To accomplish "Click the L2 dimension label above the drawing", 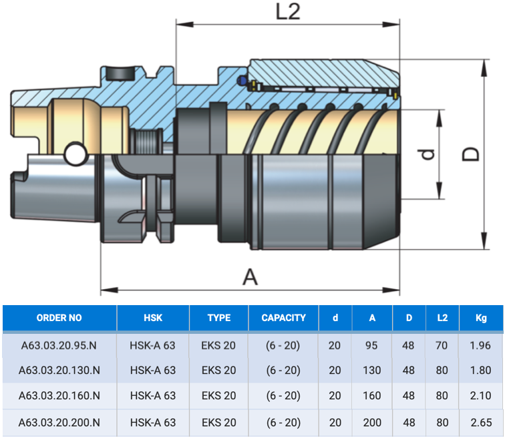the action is tap(288, 12).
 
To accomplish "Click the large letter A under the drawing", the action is tap(250, 277).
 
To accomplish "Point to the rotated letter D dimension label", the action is tap(470, 154).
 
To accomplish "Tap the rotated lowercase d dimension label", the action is tap(428, 154).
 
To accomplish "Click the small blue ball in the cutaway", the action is tap(242, 80).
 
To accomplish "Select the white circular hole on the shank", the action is tap(76, 155).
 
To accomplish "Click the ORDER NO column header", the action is tap(59, 318).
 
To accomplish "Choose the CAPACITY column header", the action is tap(283, 318).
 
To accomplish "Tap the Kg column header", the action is tap(481, 318).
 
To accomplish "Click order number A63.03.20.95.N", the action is tap(59, 345).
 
